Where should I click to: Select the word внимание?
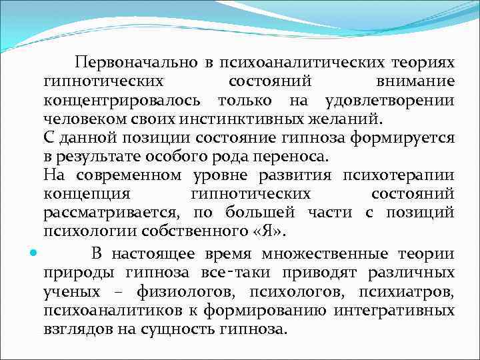tap(414, 81)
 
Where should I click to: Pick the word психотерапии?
tap(398, 175)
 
